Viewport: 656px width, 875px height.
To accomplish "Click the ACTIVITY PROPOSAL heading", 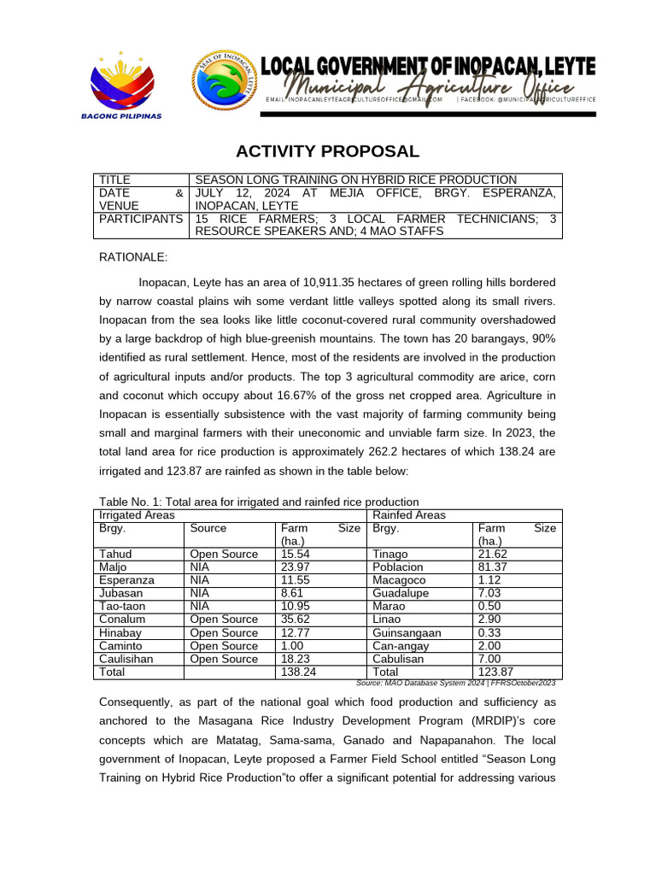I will [x=328, y=152].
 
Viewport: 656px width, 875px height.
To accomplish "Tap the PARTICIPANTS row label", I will [x=141, y=219].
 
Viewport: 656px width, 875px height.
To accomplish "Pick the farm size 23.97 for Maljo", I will [x=296, y=567].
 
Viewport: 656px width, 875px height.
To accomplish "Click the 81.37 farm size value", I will [x=495, y=567].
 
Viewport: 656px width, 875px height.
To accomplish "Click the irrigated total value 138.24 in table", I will [x=298, y=672].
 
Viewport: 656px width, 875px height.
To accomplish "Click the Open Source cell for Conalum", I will [x=223, y=620].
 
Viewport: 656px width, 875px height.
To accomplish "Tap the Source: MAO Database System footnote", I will [x=455, y=683].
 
